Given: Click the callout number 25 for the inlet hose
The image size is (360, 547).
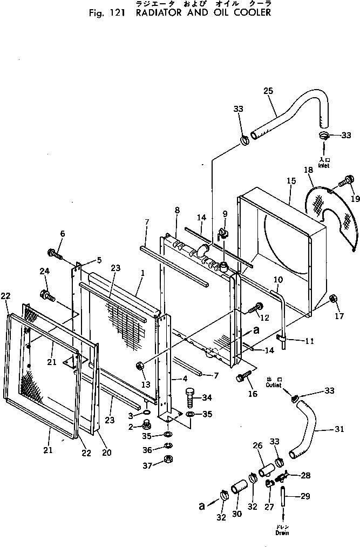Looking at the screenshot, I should (268, 91).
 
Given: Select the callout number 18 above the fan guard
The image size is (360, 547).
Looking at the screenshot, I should (308, 171).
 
